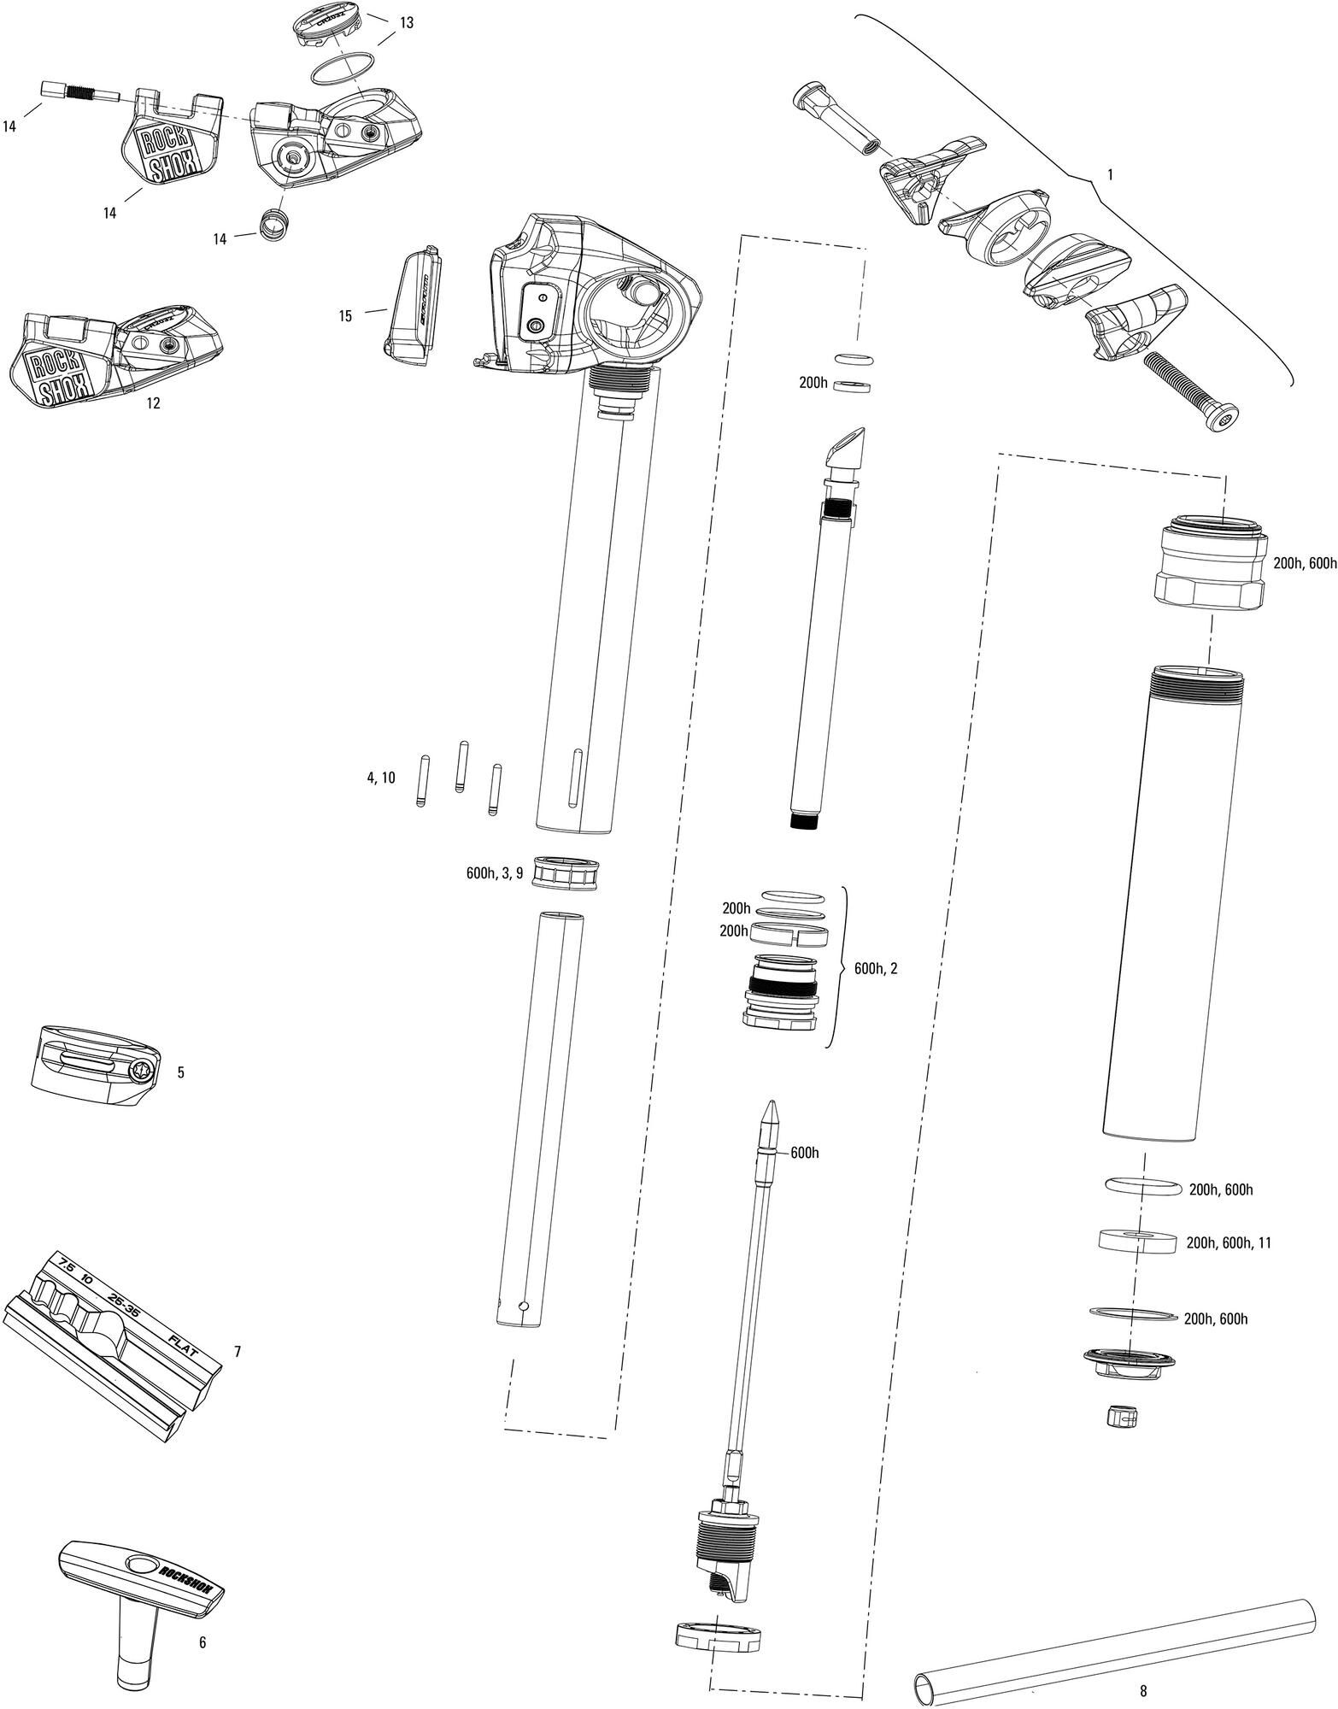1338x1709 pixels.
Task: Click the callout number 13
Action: pos(406,23)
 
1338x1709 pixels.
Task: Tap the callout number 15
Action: pos(345,316)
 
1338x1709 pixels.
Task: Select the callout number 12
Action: pos(153,403)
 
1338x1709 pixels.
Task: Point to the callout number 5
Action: pos(180,1072)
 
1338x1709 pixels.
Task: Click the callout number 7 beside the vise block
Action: pos(238,1352)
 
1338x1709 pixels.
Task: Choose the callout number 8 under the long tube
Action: pos(1143,1690)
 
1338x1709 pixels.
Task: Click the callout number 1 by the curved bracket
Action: pos(1110,174)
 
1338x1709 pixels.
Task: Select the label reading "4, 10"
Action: pos(381,778)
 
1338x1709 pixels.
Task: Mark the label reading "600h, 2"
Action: pos(876,969)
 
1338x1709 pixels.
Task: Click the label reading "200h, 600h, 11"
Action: pos(1229,1243)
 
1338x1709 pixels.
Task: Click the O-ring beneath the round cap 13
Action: pos(342,71)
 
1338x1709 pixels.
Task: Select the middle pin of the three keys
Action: pos(461,766)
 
